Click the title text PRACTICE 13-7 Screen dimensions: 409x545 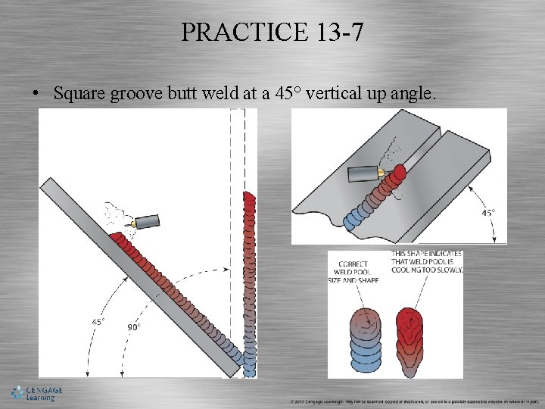272,32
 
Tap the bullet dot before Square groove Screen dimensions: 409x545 36,94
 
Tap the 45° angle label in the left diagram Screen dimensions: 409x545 98,321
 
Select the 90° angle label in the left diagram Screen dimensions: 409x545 133,326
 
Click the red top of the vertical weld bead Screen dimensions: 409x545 249,201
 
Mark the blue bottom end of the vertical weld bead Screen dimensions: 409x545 249,370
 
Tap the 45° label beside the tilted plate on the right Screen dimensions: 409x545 489,213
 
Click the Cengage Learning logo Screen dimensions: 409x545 36,393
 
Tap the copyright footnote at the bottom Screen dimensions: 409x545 413,401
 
